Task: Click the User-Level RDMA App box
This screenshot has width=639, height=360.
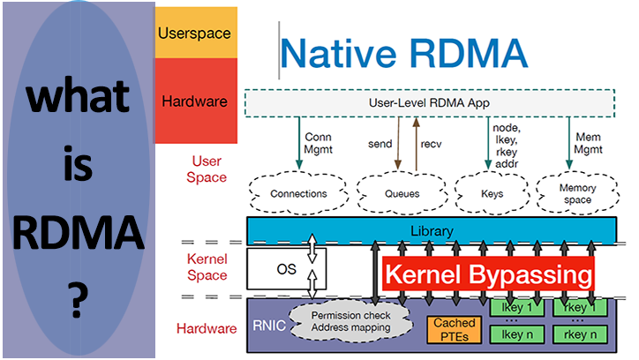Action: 429,103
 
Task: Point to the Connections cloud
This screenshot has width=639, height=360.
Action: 298,192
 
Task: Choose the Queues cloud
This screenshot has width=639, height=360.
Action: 393,192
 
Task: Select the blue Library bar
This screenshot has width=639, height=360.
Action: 432,231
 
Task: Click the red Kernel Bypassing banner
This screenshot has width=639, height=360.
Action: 487,274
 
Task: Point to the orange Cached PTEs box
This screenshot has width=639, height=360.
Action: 454,329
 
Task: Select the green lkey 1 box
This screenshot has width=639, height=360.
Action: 516,309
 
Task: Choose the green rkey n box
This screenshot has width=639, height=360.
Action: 580,335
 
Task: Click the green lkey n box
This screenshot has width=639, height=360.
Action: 516,335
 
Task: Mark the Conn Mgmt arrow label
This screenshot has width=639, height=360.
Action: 318,143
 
